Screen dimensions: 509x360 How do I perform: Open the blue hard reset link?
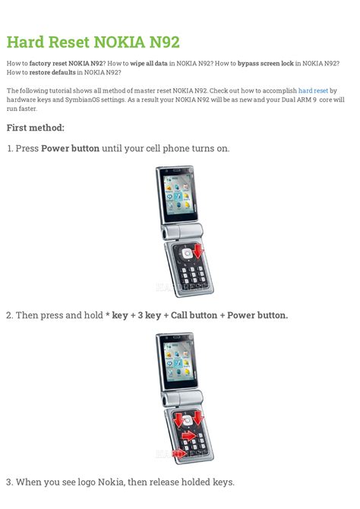(313, 90)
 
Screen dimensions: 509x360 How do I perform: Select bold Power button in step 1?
(70, 148)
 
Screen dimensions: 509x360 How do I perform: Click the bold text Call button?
(195, 315)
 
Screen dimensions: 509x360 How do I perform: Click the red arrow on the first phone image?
(197, 251)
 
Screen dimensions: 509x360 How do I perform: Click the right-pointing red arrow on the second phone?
(187, 435)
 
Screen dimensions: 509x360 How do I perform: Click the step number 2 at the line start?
(8, 315)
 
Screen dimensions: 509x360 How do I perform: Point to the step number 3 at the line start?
(8, 482)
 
